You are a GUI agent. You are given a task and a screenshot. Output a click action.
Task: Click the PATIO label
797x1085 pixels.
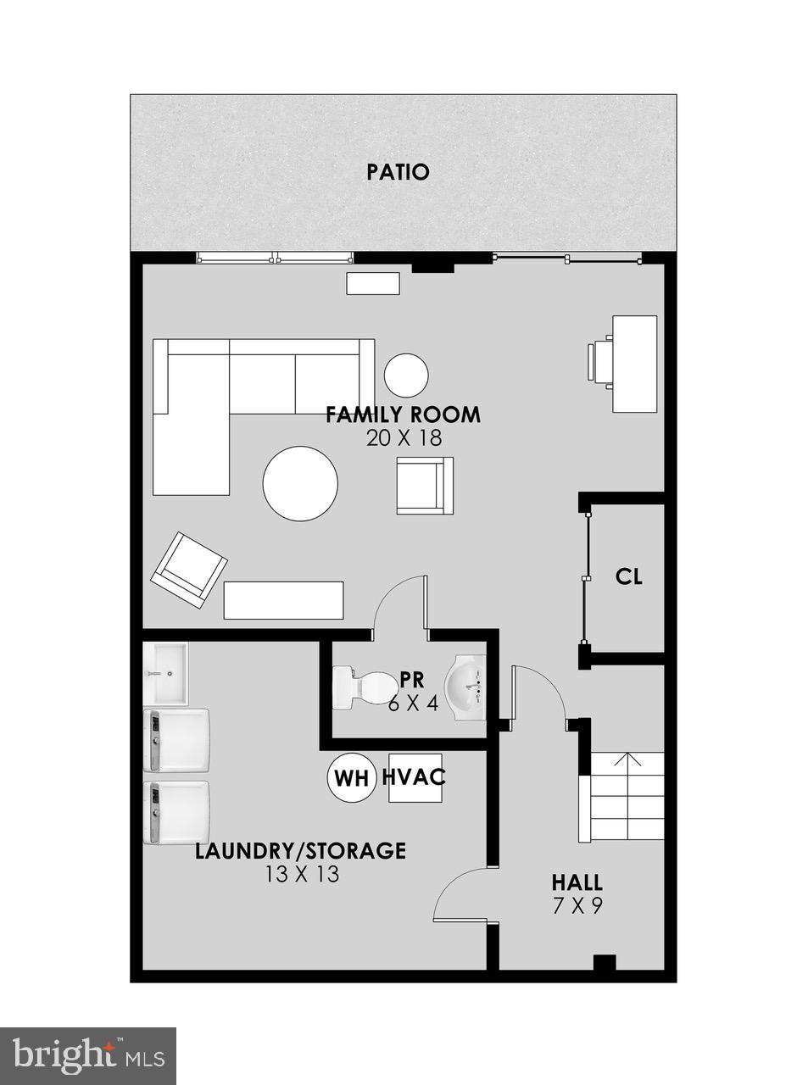[x=398, y=172]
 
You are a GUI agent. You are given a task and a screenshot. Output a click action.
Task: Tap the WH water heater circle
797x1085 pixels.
[x=352, y=778]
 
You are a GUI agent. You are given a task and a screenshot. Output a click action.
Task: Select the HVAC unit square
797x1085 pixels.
[x=415, y=778]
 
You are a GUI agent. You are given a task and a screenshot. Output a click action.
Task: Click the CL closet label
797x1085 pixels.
[x=629, y=576]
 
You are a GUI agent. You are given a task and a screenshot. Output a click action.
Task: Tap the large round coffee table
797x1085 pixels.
[x=300, y=483]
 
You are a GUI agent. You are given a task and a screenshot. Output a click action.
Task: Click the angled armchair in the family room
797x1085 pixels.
[x=189, y=570]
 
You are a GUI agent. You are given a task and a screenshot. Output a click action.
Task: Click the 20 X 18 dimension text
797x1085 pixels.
[x=404, y=438]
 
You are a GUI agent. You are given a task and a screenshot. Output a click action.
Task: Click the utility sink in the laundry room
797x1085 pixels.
[x=165, y=673]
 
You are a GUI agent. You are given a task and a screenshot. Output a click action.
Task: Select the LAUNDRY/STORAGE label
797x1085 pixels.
[x=300, y=850]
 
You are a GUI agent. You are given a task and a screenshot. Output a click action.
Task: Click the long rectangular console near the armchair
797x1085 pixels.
[x=283, y=601]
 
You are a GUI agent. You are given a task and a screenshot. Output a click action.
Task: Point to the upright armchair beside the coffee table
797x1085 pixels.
[x=425, y=486]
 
